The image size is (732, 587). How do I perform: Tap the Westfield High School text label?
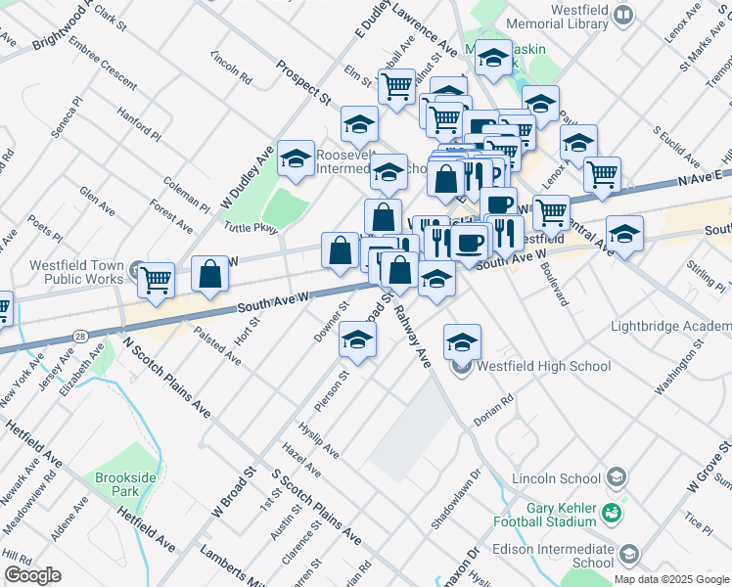tap(543, 367)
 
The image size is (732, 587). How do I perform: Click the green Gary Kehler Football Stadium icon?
tap(612, 513)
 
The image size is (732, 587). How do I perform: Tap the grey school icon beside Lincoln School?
tap(616, 477)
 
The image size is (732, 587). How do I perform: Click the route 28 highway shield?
tap(79, 336)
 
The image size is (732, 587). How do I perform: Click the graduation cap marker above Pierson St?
tap(358, 341)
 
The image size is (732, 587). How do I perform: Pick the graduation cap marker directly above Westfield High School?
tap(462, 341)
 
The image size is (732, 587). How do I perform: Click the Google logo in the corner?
tap(32, 575)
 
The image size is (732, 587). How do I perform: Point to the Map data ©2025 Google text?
tap(671, 579)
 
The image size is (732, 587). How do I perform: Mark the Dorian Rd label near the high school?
tap(493, 408)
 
